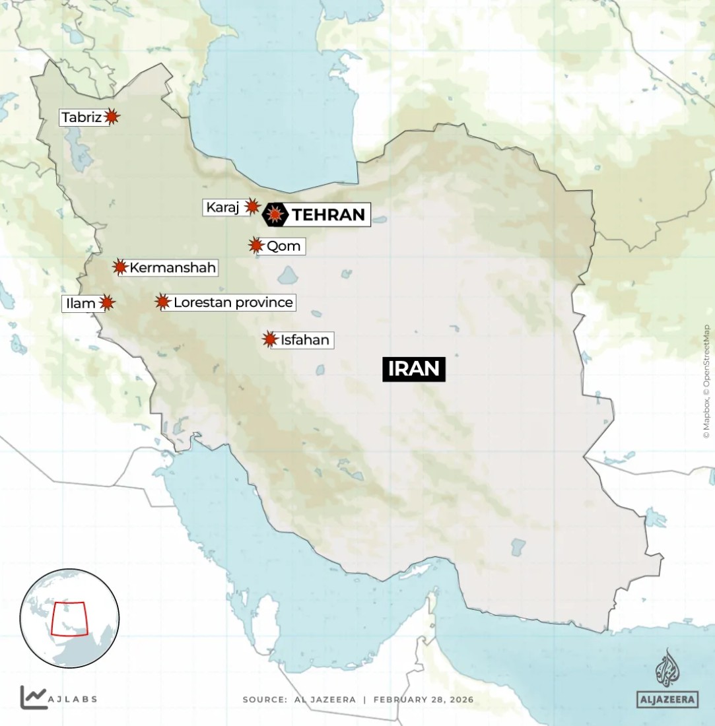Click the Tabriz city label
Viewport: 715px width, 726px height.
click(x=82, y=117)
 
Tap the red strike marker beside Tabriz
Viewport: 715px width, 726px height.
click(x=112, y=117)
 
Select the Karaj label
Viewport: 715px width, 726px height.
click(x=222, y=207)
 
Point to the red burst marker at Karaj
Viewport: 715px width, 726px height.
click(x=252, y=207)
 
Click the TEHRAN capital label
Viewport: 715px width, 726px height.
click(x=328, y=214)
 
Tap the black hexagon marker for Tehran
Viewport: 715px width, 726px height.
click(x=275, y=214)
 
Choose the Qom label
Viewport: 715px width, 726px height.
click(x=283, y=246)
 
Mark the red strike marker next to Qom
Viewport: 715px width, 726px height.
click(x=256, y=246)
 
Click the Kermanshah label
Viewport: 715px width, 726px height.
click(x=173, y=267)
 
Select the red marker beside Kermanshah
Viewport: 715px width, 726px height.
click(x=119, y=267)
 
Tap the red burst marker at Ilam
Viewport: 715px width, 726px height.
click(x=107, y=303)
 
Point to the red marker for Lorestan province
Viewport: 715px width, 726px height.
click(x=162, y=302)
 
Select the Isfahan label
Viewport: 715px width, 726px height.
click(x=304, y=341)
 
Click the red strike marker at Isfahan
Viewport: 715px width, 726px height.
click(x=269, y=339)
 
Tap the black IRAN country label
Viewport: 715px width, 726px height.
click(x=414, y=369)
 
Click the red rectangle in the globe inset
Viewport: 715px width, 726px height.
click(x=69, y=618)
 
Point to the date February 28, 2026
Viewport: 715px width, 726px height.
click(x=423, y=699)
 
